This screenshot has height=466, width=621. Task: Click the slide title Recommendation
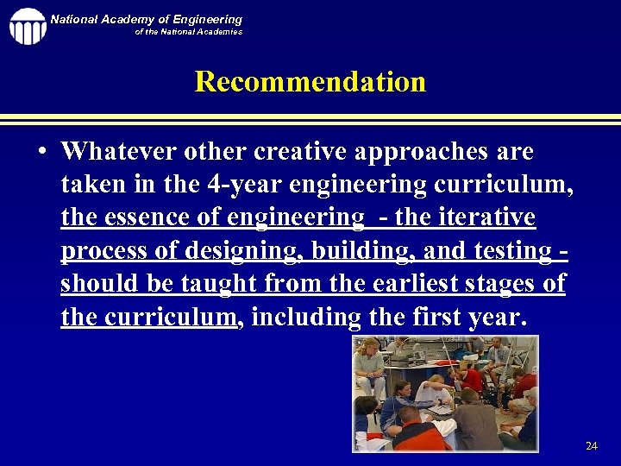pos(310,82)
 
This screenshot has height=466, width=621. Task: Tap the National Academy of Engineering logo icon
pos(28,26)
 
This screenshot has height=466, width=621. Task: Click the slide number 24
pos(591,446)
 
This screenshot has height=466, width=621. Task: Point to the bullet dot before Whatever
pos(41,153)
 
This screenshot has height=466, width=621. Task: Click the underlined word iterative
pos(486,218)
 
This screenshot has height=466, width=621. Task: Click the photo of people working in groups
pos(445,394)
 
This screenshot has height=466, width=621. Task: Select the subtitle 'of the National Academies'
pos(188,32)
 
